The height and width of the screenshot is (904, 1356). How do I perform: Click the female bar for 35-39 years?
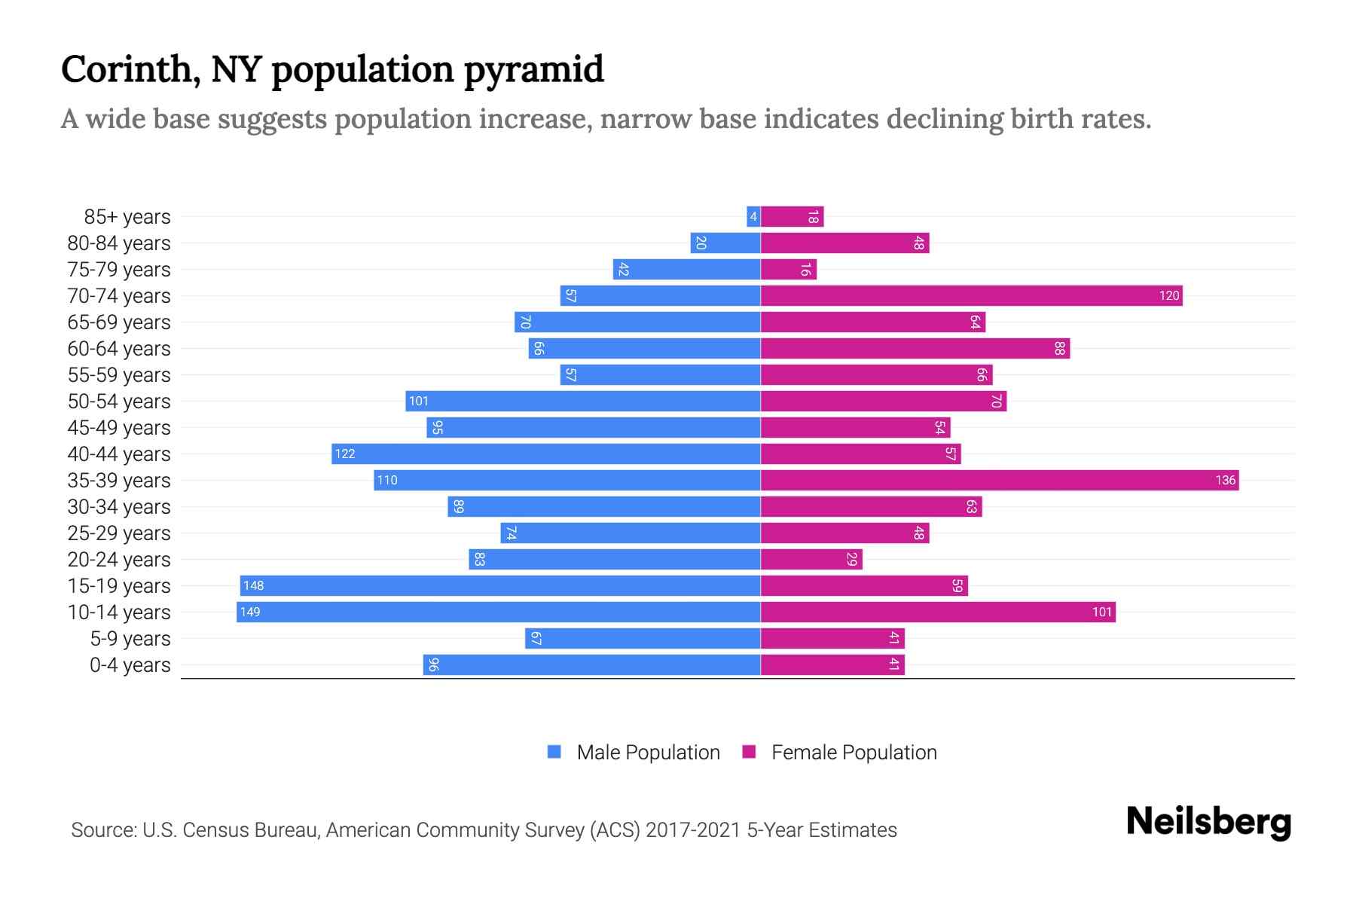click(1000, 480)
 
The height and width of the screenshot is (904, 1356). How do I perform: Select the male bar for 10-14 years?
click(499, 612)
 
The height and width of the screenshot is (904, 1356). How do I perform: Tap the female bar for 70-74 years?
click(972, 295)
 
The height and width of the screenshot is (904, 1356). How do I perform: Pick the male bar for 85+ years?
click(753, 216)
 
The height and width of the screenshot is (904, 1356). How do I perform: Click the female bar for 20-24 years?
click(811, 559)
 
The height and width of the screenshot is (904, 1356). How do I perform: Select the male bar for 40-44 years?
click(546, 454)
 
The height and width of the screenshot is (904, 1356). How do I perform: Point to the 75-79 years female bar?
click(789, 269)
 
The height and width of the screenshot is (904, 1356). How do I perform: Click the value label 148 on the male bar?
click(253, 585)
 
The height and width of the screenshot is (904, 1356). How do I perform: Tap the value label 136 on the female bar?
click(1225, 480)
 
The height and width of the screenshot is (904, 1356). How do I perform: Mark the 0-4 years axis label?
click(130, 665)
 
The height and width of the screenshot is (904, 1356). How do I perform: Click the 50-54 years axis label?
click(119, 402)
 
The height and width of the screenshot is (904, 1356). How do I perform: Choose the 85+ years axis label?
click(127, 217)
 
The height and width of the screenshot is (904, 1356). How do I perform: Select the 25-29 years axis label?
click(119, 533)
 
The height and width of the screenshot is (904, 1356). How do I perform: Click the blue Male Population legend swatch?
click(554, 752)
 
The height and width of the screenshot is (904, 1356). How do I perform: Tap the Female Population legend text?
click(854, 752)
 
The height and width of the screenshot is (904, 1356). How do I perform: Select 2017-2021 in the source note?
click(693, 829)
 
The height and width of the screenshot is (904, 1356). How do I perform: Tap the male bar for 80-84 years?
click(725, 243)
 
